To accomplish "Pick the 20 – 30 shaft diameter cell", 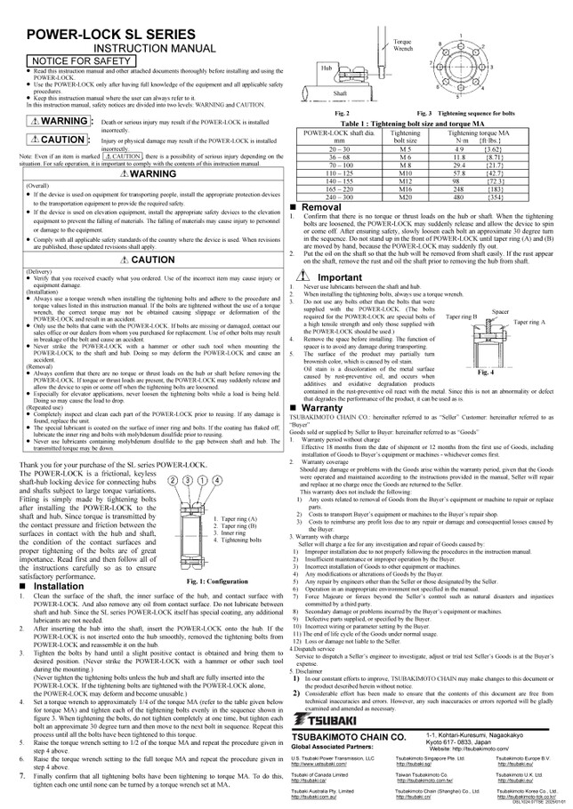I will pos(339,148).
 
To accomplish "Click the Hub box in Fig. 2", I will pos(327,66).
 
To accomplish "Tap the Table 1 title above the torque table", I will pos(427,123).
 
